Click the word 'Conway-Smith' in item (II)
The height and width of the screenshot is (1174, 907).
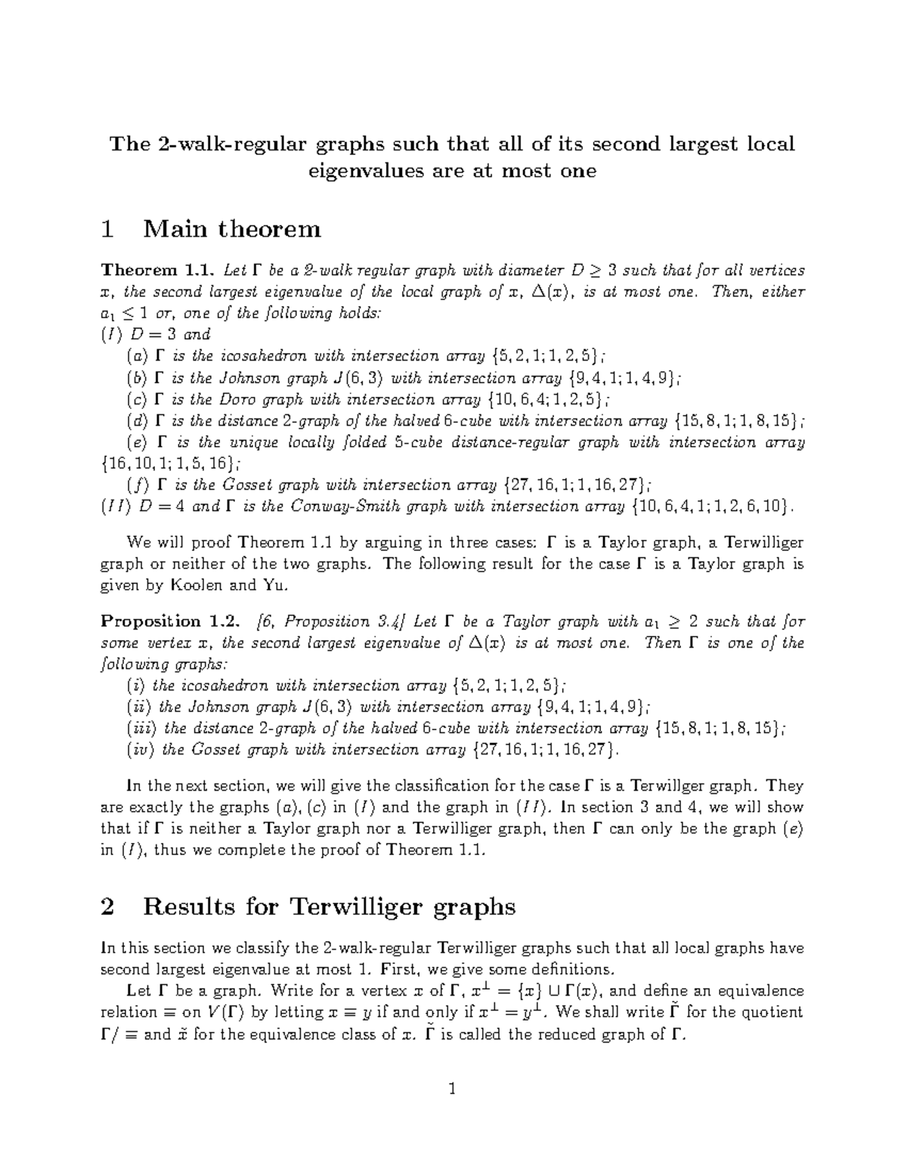click(336, 506)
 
